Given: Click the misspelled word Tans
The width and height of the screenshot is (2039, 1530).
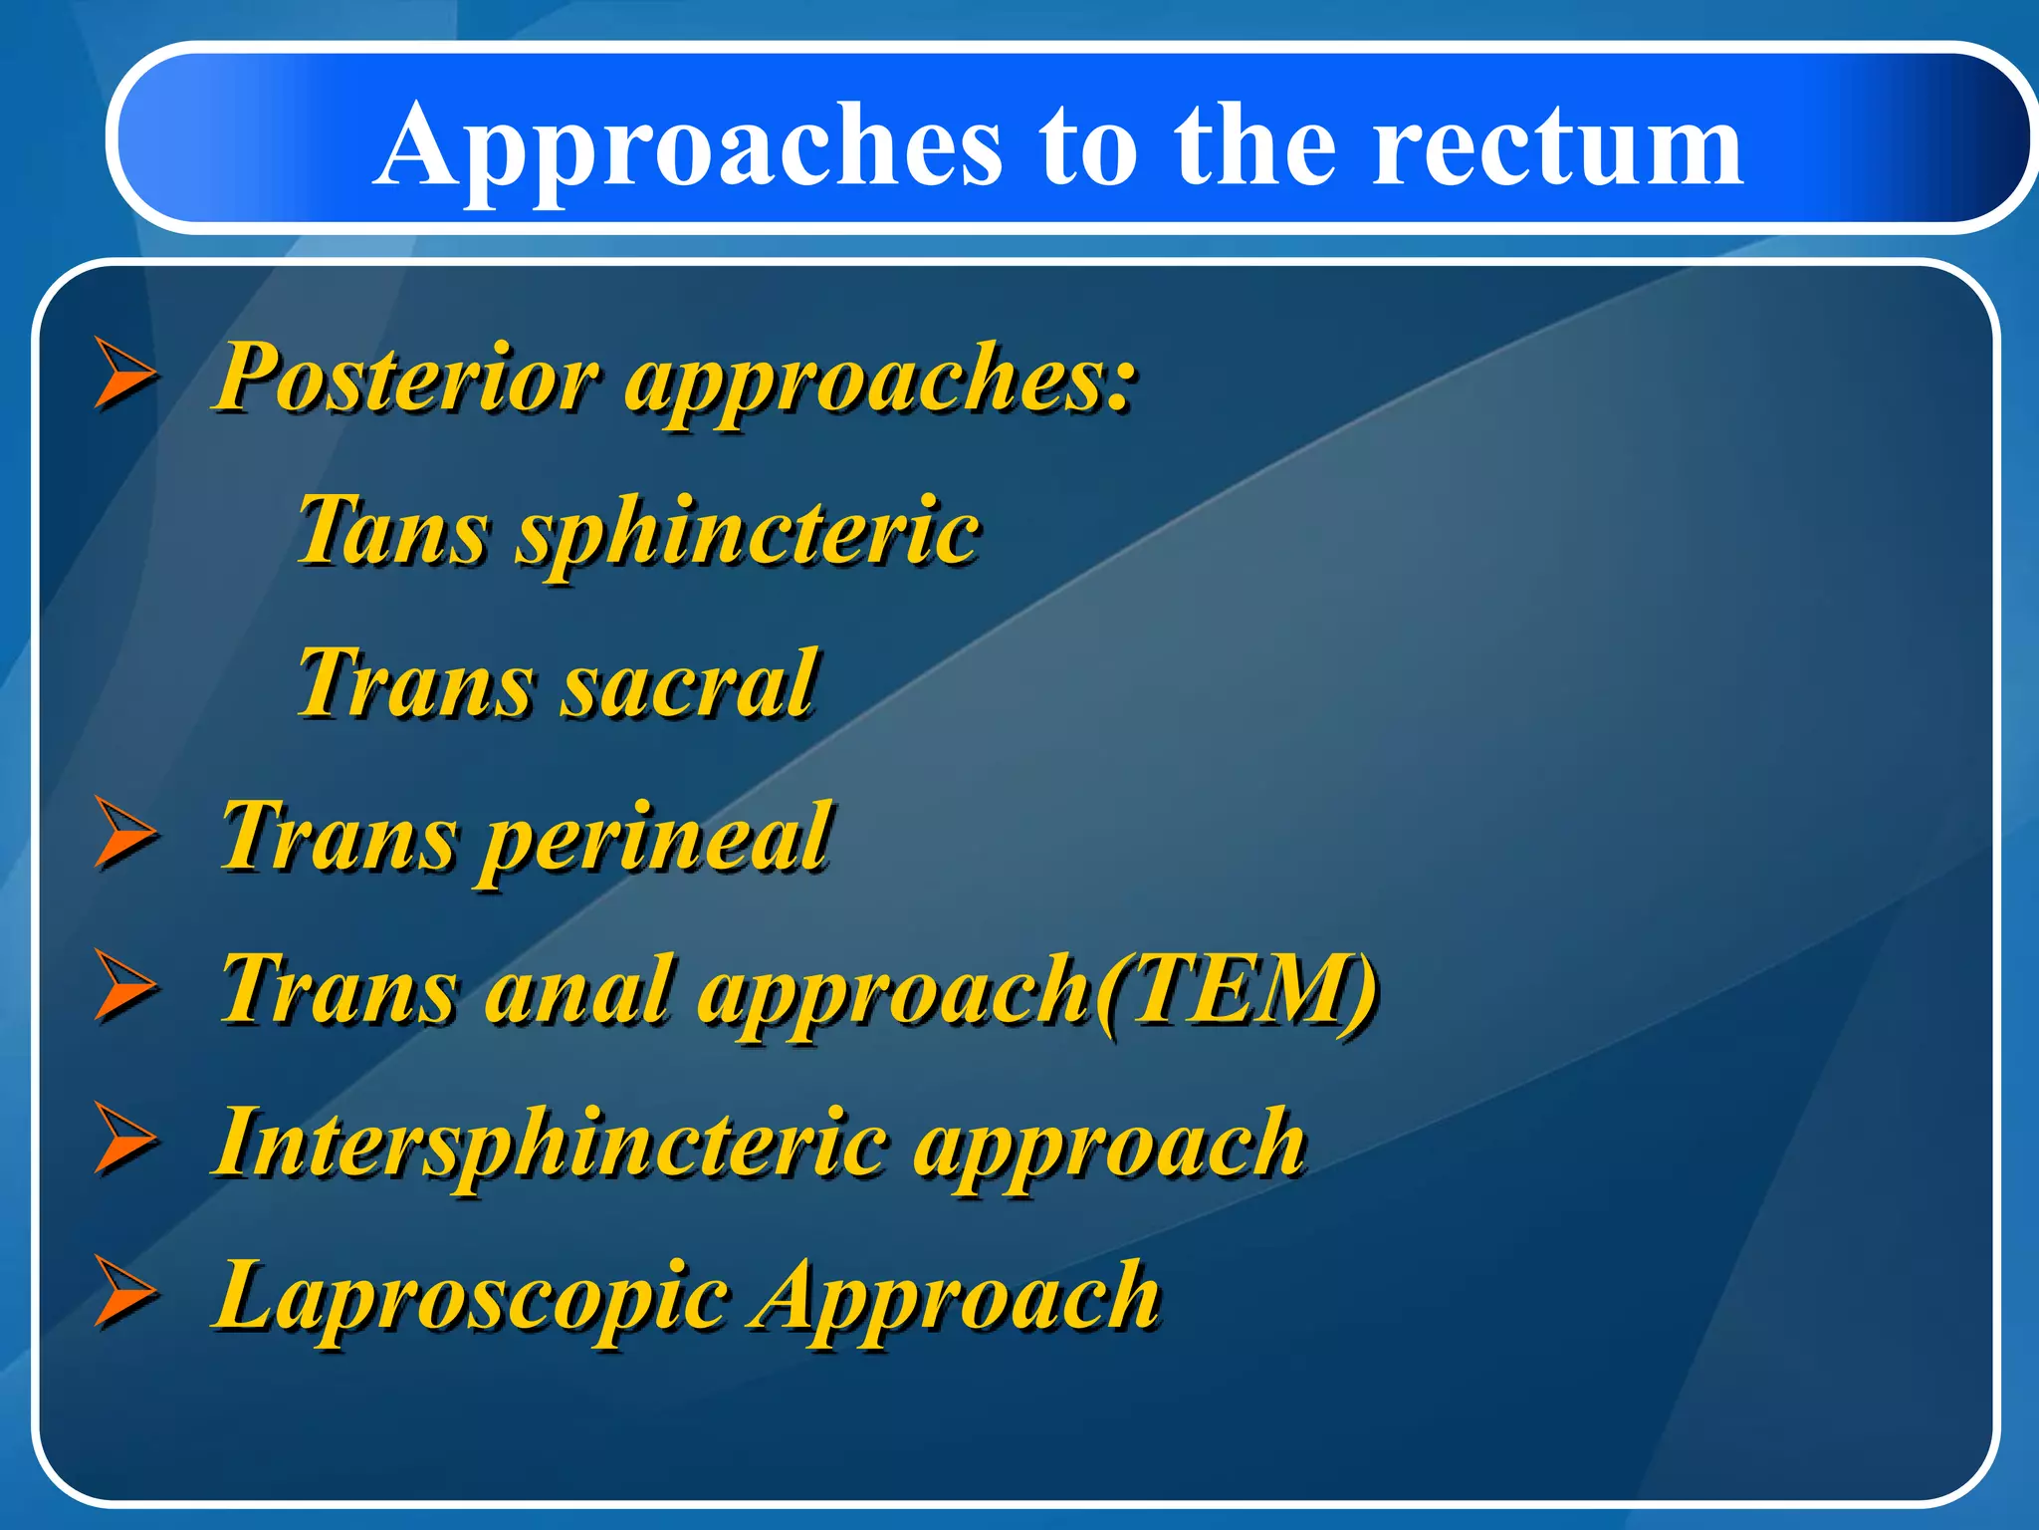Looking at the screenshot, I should [x=392, y=530].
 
